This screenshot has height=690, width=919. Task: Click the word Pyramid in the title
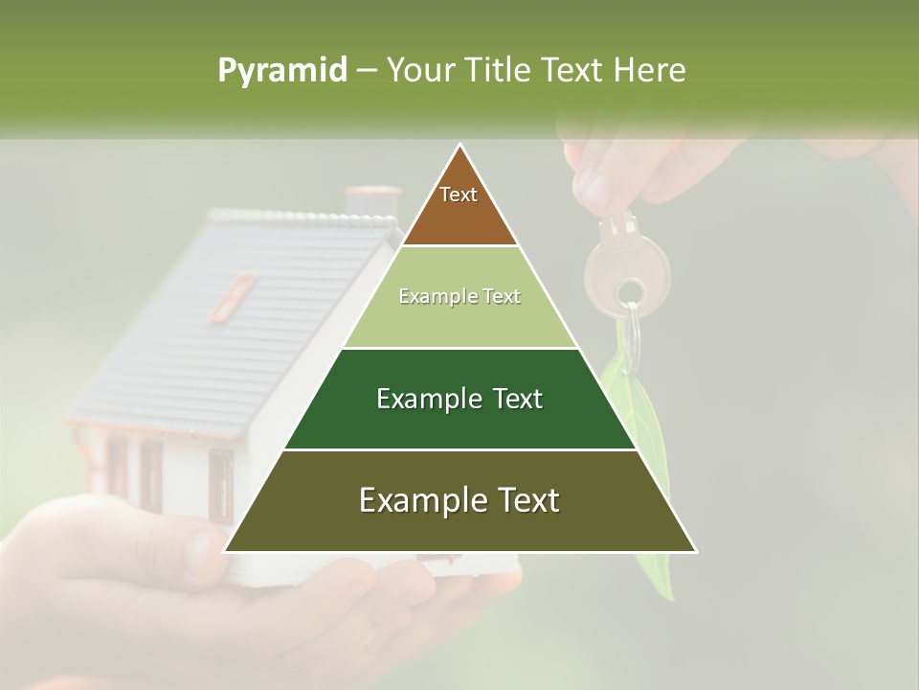282,71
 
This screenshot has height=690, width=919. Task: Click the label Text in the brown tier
459,195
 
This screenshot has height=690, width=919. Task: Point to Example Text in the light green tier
459,296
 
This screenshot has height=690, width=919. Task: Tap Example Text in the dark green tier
459,399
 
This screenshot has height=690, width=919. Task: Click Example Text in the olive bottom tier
459,500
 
